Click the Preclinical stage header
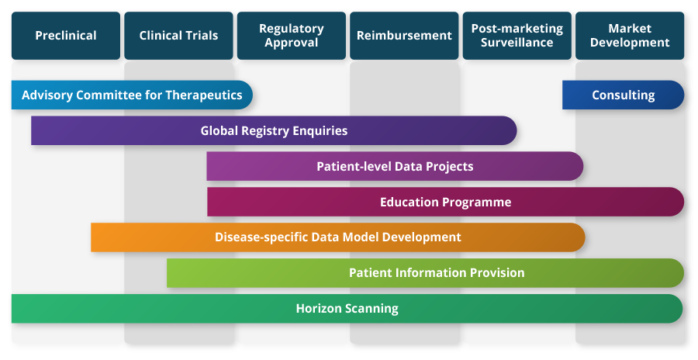66,36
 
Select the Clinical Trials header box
178,36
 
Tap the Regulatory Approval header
292,36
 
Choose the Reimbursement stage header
404,36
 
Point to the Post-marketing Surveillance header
517,36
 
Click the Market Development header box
630,36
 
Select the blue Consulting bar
623,95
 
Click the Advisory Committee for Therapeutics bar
132,95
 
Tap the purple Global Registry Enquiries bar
274,131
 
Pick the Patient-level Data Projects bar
395,167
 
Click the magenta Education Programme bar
445,202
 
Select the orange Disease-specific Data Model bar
337,237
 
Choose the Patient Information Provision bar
425,273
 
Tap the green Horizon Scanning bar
347,309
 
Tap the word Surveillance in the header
517,43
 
